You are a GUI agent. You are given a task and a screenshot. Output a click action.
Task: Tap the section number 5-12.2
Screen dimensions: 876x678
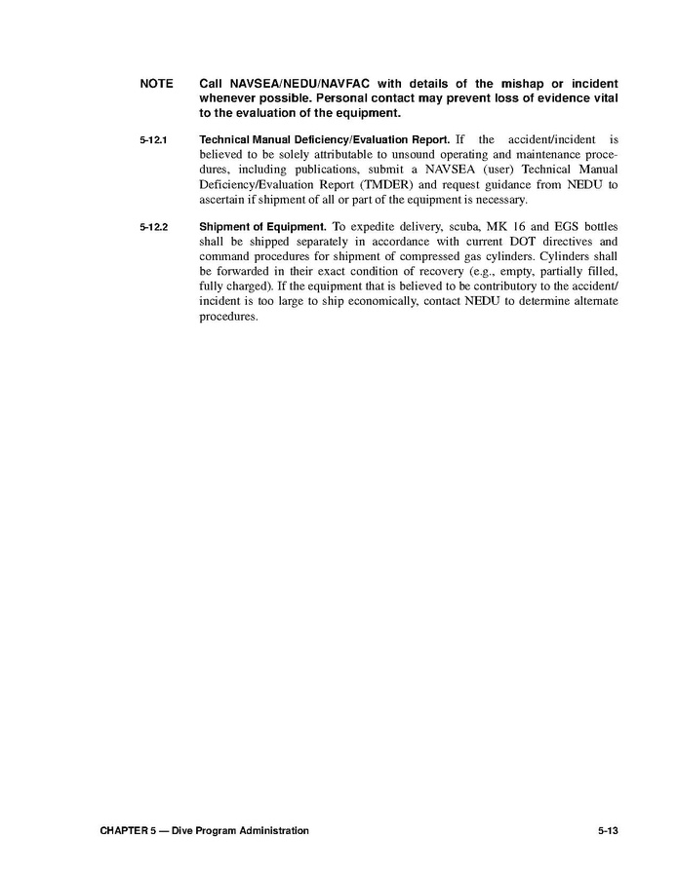pyautogui.click(x=153, y=228)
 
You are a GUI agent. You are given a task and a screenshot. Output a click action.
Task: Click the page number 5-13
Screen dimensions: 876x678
pyautogui.click(x=609, y=830)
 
